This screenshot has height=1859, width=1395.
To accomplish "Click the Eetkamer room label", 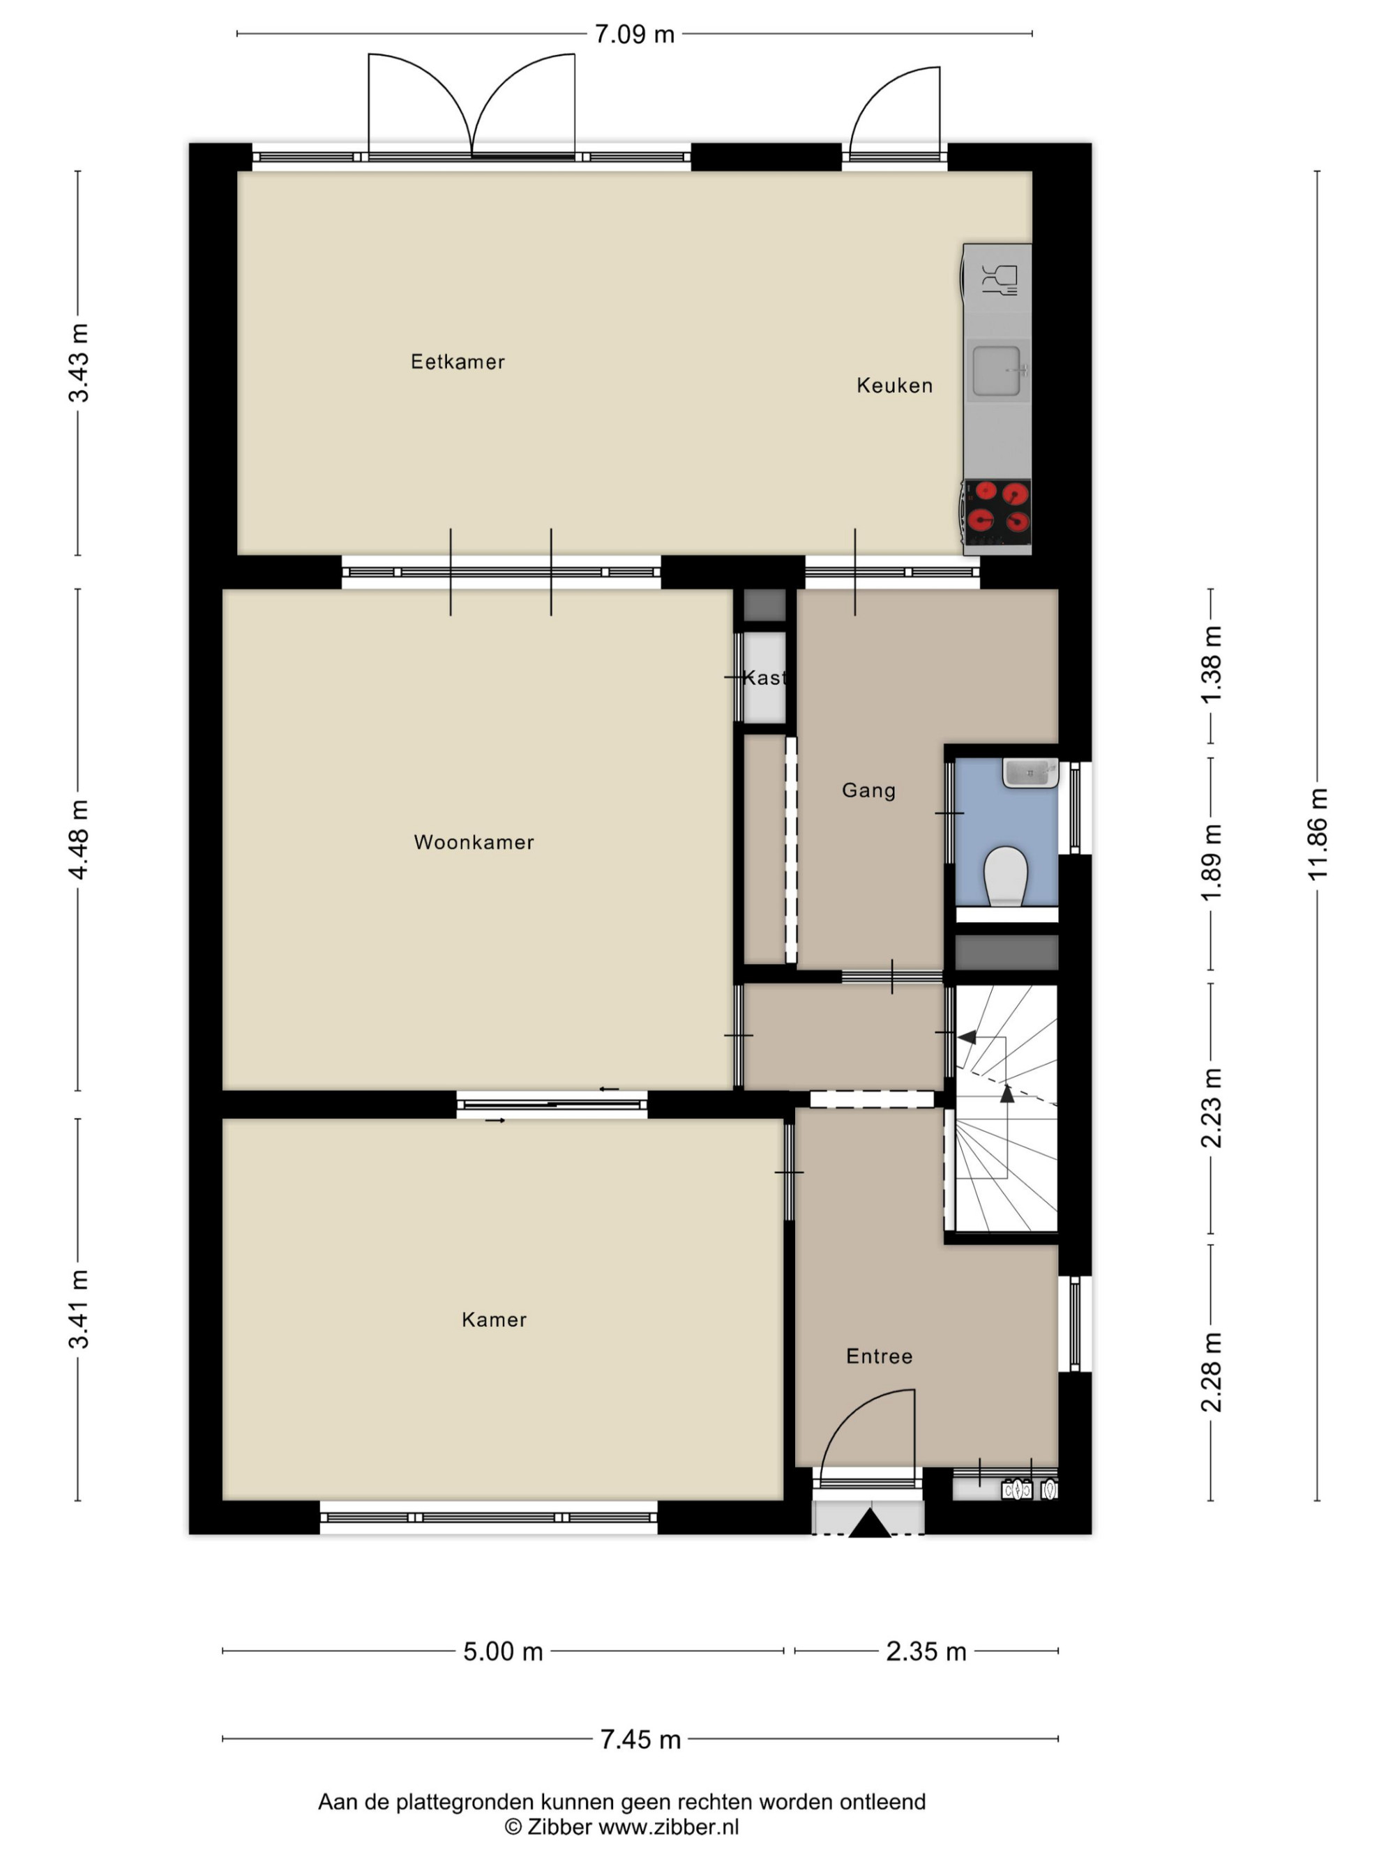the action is tap(458, 362).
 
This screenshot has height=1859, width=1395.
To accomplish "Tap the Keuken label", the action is tap(895, 385).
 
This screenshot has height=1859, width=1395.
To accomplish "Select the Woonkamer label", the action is tap(474, 842).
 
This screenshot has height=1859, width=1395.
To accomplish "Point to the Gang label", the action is tap(868, 790).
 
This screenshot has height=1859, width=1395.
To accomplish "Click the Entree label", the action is tap(880, 1356).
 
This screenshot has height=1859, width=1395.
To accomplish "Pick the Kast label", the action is tap(764, 678).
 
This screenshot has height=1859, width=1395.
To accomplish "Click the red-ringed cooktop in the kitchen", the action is tap(997, 512).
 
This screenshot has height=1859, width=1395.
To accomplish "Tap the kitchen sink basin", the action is tap(997, 371).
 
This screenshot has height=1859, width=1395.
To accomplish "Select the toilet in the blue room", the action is tap(1006, 875).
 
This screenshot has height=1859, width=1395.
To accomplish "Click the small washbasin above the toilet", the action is tap(1030, 772).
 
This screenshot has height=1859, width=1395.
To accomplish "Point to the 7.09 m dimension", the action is tap(635, 34).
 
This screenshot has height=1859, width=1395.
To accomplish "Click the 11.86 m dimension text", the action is tap(1317, 834).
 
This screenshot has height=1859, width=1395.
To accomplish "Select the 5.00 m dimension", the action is tap(503, 1651).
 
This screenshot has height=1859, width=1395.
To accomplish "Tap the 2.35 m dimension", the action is tap(926, 1651).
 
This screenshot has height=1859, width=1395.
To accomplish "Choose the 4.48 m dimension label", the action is tap(78, 839).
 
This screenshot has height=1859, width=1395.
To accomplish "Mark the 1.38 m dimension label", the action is tap(1211, 666).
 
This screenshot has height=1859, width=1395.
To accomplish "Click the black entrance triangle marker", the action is tap(870, 1524).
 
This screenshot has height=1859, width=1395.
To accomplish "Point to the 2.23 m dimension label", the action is tap(1211, 1108).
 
